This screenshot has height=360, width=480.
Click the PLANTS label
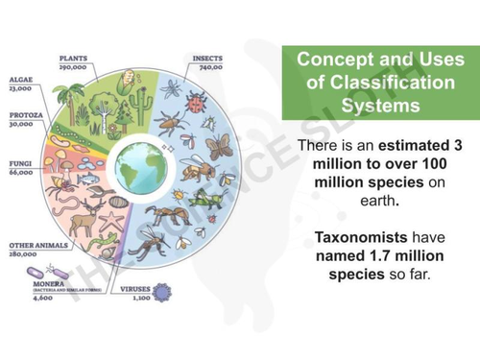[x=73, y=58]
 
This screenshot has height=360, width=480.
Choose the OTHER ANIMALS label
[x=32, y=246]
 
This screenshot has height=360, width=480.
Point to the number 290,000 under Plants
[x=73, y=67]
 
